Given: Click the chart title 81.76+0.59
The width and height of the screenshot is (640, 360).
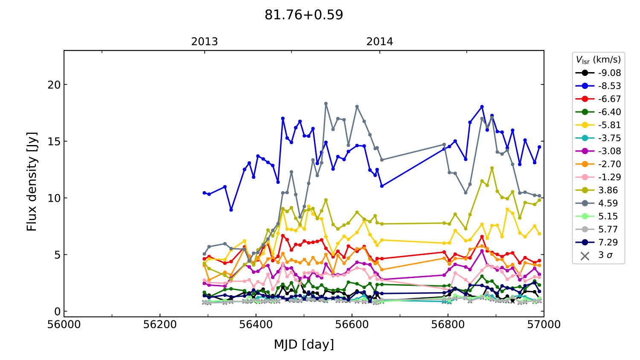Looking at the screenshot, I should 304,15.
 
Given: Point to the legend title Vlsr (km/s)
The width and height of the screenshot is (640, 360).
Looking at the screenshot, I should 598,60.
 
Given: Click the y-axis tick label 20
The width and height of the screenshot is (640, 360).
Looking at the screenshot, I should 54,84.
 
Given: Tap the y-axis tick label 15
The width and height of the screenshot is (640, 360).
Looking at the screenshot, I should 54,141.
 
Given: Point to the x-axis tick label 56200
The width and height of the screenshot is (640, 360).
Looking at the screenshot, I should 160,325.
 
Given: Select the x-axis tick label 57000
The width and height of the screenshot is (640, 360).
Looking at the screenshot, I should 544,325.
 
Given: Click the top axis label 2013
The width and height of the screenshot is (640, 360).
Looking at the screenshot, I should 204,41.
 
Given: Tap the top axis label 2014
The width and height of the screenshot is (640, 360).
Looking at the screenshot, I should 380,41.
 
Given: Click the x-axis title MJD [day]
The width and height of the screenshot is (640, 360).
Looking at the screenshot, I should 304,344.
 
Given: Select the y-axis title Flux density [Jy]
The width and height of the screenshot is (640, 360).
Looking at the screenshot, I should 32,182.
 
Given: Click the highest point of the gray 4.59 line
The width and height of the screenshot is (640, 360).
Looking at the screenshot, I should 326,104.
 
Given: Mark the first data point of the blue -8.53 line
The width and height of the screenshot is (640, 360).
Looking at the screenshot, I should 204,193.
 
